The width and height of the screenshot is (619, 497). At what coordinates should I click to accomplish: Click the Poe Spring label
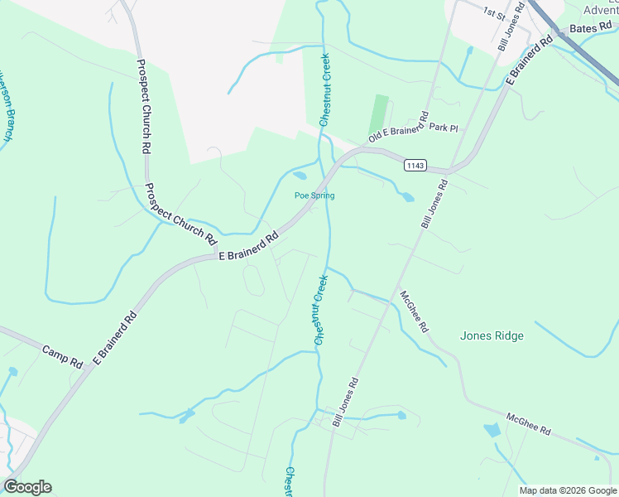(314, 195)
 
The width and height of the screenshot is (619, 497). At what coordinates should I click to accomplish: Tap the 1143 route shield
(415, 166)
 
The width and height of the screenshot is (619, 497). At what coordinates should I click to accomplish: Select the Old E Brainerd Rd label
(398, 127)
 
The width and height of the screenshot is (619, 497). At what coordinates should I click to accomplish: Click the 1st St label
(495, 12)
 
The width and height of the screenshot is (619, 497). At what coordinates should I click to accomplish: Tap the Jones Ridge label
(492, 335)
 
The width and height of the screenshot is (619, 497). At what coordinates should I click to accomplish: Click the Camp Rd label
(63, 357)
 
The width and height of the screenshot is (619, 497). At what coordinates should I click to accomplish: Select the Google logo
(27, 487)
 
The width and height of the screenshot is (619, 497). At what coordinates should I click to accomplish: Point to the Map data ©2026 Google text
(568, 490)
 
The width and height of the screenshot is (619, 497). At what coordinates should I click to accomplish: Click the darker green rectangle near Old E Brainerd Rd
(379, 114)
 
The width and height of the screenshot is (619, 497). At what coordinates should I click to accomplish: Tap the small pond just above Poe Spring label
(300, 176)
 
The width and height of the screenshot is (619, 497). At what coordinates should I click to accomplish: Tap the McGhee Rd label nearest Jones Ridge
(414, 311)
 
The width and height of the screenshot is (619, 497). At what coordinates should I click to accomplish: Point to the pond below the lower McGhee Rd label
(492, 430)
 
